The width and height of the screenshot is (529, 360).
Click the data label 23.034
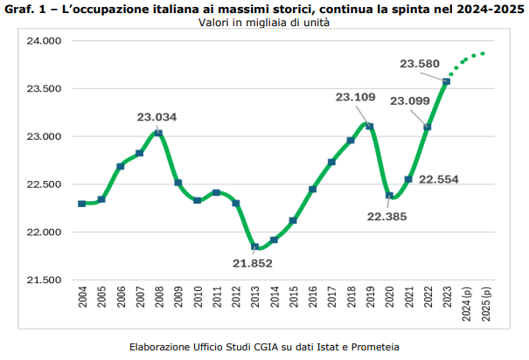(x=157, y=116)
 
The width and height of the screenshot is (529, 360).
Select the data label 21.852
(x=253, y=263)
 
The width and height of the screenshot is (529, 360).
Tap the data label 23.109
(x=356, y=97)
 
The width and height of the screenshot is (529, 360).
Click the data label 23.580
(x=421, y=64)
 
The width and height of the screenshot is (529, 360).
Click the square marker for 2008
(x=158, y=134)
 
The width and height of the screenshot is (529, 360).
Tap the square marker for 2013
(x=254, y=246)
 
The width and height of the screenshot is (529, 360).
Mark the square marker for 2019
(x=370, y=127)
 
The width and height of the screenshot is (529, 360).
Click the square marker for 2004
(x=82, y=204)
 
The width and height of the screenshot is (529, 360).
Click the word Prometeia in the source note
(x=370, y=346)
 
